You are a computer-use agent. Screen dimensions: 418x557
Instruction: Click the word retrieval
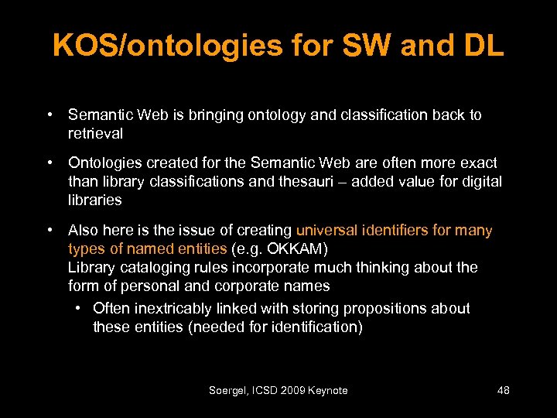(x=95, y=133)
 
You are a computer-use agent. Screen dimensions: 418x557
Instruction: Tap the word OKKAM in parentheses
(x=302, y=248)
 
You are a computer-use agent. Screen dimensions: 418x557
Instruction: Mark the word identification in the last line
(x=312, y=327)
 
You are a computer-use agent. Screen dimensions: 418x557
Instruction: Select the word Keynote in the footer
(x=327, y=390)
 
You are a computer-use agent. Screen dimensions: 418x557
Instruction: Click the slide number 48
(x=503, y=390)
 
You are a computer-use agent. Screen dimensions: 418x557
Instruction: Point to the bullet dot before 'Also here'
(x=50, y=230)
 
